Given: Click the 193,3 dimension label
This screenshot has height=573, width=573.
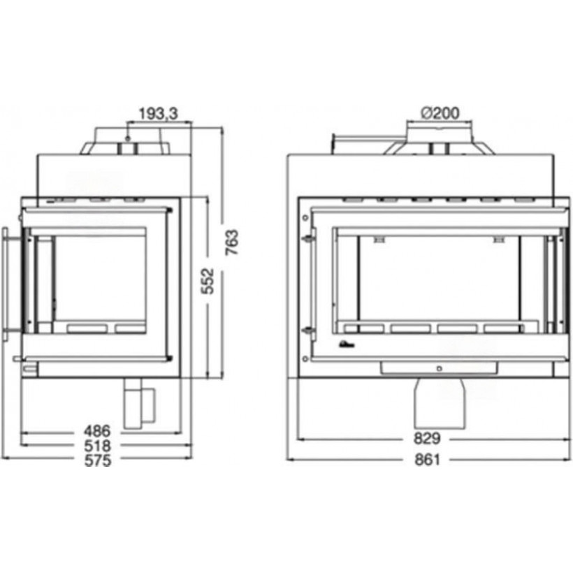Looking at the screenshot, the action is [x=158, y=114].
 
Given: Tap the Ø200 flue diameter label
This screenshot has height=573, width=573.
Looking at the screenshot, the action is [x=440, y=113].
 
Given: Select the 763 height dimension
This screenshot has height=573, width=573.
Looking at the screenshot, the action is [x=232, y=242].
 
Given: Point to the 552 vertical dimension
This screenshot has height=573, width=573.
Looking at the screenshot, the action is [x=208, y=281].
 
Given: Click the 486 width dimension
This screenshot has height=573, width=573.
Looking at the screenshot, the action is [x=97, y=431].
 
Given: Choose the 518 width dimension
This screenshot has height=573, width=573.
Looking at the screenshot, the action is [x=97, y=446].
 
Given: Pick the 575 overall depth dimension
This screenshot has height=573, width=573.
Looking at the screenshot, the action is [x=98, y=460].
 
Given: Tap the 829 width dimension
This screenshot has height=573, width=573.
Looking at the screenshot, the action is [x=427, y=439].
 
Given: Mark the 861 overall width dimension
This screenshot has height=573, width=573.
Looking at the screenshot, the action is [x=427, y=460].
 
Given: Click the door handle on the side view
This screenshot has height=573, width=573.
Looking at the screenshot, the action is [x=6, y=283].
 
